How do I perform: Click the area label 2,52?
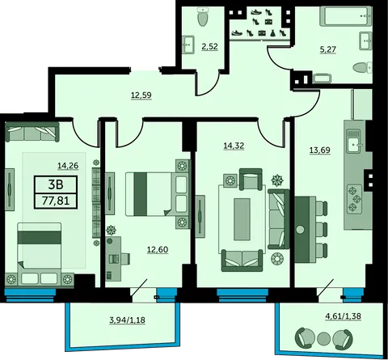[x=209, y=47]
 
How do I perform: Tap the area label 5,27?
[x=328, y=49]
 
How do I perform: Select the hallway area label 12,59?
[x=141, y=95]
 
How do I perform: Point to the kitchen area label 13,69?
[x=320, y=150]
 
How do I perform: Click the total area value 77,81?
[x=56, y=201]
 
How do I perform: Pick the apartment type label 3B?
[x=56, y=184]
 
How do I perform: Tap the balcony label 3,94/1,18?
[x=128, y=320]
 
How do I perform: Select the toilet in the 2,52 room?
[x=203, y=17]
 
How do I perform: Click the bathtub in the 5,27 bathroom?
[x=346, y=16]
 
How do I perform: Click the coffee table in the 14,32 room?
[x=242, y=219]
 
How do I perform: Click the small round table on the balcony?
[x=323, y=339]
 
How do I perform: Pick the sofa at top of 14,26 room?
[x=32, y=132]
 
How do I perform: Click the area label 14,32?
[x=234, y=146]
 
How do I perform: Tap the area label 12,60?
[x=158, y=250]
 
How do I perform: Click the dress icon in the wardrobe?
[x=272, y=33]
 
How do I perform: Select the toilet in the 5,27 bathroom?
[x=362, y=67]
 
